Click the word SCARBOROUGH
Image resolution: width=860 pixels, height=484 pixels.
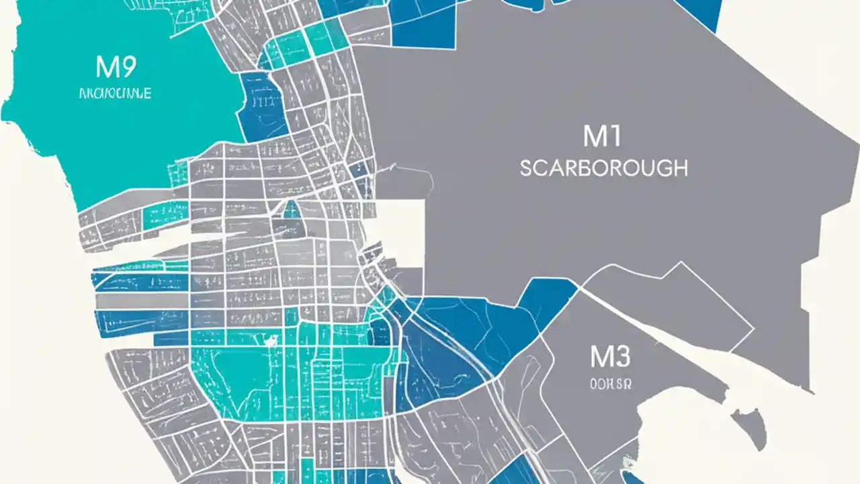[603, 167]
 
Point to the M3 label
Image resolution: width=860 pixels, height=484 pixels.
[610, 357]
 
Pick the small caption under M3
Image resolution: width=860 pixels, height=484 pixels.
[610, 384]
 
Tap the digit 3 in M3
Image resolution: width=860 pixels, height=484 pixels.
[621, 357]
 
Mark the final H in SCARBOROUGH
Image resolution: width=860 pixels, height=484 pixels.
[680, 167]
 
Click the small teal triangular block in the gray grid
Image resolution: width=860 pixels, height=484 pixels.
[292, 210]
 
